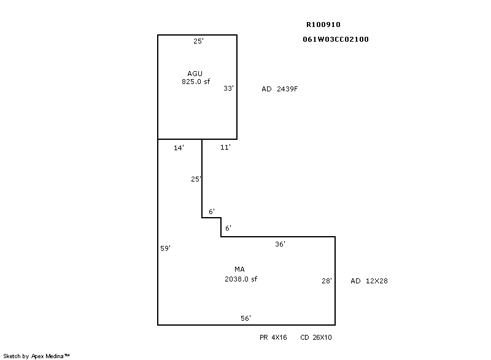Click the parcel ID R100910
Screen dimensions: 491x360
(x=323, y=25)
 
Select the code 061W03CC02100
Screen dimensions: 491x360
(x=336, y=39)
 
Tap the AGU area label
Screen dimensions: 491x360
(x=195, y=74)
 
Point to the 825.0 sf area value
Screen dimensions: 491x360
(x=196, y=82)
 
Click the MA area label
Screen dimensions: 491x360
(x=239, y=269)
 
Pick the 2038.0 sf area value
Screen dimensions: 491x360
(x=241, y=279)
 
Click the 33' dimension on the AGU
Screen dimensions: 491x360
(x=228, y=88)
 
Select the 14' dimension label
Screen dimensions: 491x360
(x=179, y=148)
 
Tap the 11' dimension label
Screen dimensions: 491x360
(x=225, y=147)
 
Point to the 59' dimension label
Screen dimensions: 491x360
(x=165, y=248)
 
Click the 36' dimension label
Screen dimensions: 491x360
(x=280, y=244)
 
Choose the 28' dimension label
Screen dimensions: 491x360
(x=327, y=281)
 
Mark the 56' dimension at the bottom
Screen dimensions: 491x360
(x=246, y=318)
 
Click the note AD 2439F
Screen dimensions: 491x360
(x=280, y=89)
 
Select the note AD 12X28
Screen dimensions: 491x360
(x=369, y=281)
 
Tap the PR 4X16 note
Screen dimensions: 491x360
(x=273, y=337)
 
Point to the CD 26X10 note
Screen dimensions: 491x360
(x=316, y=337)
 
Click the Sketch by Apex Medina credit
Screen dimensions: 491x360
(x=36, y=356)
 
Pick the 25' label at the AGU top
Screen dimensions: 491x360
(x=198, y=41)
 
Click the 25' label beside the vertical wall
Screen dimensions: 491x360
(x=196, y=179)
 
